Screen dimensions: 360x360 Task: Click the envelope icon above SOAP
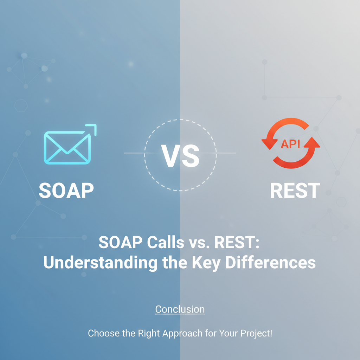(67, 148)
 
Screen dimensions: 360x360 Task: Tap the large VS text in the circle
(180, 156)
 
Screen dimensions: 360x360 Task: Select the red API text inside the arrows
(290, 144)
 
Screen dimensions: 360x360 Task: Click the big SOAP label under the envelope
(66, 190)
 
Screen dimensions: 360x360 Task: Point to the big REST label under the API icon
(295, 190)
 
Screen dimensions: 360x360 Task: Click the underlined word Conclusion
(180, 309)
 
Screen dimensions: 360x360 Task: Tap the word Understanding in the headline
(101, 262)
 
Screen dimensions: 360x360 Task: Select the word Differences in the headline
(270, 262)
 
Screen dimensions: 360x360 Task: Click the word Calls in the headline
(166, 242)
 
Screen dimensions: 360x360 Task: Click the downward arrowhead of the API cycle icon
(270, 144)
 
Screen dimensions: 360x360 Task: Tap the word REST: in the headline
(237, 242)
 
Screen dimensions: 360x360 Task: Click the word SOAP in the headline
(121, 242)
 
